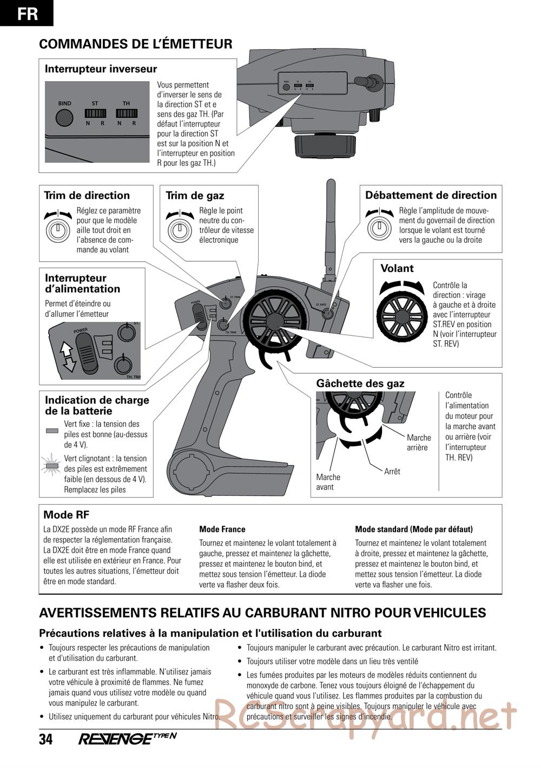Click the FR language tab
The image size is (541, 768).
[27, 13]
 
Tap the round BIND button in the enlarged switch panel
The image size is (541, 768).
[64, 117]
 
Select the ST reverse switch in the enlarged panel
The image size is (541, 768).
[95, 114]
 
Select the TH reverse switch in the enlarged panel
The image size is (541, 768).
[127, 114]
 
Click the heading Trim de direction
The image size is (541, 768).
[87, 195]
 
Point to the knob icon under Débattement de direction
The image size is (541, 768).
[380, 228]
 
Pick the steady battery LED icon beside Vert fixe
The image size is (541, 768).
[52, 431]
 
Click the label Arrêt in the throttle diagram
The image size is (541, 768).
[392, 472]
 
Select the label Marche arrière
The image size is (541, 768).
[419, 442]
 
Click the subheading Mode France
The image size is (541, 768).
[222, 529]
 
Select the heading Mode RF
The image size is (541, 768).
[66, 515]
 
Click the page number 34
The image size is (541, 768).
[46, 739]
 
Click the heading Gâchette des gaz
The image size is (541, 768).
[360, 383]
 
